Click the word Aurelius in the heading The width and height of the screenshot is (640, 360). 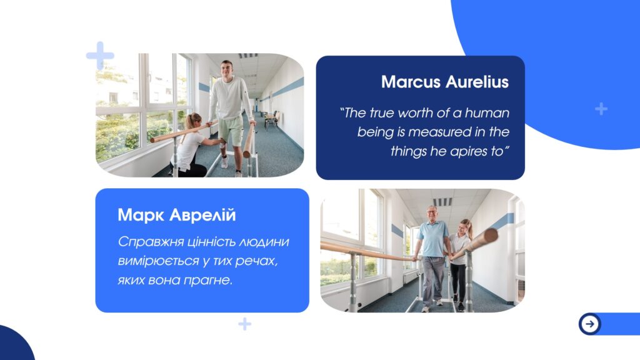[x=477, y=82]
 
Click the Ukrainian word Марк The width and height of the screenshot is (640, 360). [x=141, y=215]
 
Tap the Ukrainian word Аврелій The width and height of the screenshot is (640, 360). [x=202, y=215]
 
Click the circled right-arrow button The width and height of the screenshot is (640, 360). [x=589, y=324]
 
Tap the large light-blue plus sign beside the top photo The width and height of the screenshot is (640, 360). [x=100, y=55]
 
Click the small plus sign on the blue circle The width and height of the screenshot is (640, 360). [x=601, y=109]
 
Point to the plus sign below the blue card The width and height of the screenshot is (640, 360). [x=244, y=324]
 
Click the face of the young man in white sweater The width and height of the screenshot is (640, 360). [x=227, y=68]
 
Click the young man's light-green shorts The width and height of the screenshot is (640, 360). [x=231, y=130]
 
